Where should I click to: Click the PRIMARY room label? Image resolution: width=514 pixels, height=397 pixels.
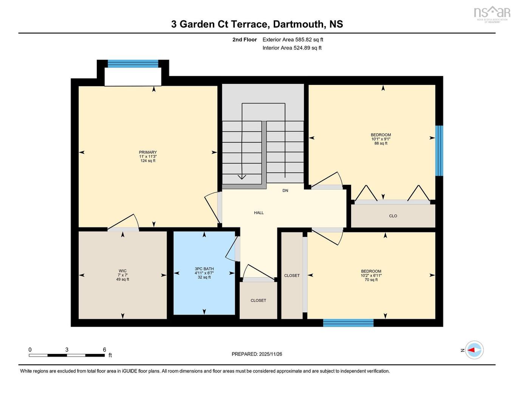pyautogui.click(x=148, y=152)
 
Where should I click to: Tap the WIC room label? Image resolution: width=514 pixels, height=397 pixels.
pyautogui.click(x=122, y=271)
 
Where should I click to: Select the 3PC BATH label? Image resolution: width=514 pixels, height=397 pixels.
pyautogui.click(x=204, y=269)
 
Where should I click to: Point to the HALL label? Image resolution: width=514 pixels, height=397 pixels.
pyautogui.click(x=259, y=213)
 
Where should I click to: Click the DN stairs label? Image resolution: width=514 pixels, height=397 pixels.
pyautogui.click(x=285, y=190)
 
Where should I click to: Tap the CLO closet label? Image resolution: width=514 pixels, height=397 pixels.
pyautogui.click(x=393, y=216)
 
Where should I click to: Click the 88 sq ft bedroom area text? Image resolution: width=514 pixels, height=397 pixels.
pyautogui.click(x=381, y=144)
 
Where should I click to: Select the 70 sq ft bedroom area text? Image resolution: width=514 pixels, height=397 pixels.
pyautogui.click(x=371, y=280)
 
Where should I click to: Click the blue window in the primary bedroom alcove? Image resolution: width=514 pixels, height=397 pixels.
pyautogui.click(x=133, y=63)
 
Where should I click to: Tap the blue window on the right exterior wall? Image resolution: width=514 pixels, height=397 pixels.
pyautogui.click(x=439, y=151)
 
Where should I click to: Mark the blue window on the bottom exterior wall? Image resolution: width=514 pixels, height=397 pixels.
pyautogui.click(x=348, y=323)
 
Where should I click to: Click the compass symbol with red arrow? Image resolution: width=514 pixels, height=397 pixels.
pyautogui.click(x=474, y=350)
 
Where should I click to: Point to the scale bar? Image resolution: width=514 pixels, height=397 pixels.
pyautogui.click(x=67, y=355)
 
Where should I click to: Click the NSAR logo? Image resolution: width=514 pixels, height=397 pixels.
pyautogui.click(x=492, y=13)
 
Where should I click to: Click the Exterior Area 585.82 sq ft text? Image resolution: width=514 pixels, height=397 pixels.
pyautogui.click(x=293, y=40)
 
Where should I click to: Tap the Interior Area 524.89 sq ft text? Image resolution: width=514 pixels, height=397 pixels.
pyautogui.click(x=292, y=48)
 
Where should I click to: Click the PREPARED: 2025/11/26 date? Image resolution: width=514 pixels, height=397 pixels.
pyautogui.click(x=257, y=354)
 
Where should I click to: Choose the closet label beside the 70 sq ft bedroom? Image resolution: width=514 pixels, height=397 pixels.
pyautogui.click(x=292, y=276)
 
